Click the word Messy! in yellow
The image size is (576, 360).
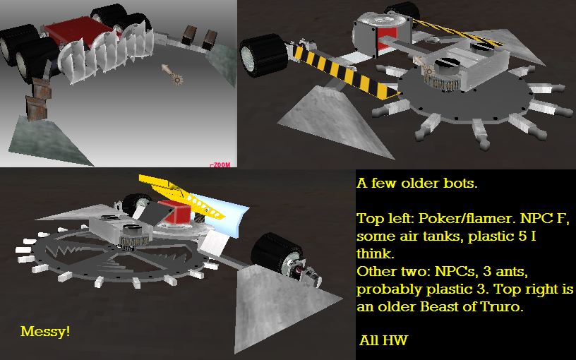(x=45, y=331)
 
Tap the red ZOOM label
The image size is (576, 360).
(x=220, y=165)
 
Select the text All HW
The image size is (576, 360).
(x=383, y=340)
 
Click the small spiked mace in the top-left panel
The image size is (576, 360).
(x=172, y=74)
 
